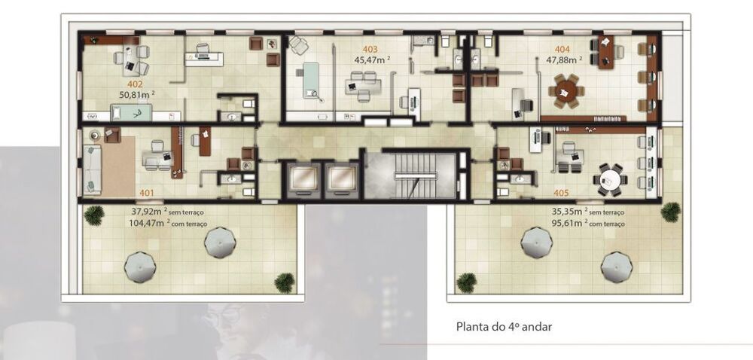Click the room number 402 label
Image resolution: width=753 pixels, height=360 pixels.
point(136,84)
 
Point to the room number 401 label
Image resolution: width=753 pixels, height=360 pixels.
point(147,193)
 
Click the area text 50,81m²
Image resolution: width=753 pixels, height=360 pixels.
point(137,95)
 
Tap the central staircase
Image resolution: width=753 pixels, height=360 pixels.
point(410,175)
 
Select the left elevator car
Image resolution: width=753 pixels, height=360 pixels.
point(303,178)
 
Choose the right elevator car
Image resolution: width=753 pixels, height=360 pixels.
point(340,178)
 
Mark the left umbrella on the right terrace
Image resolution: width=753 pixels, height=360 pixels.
point(535,243)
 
